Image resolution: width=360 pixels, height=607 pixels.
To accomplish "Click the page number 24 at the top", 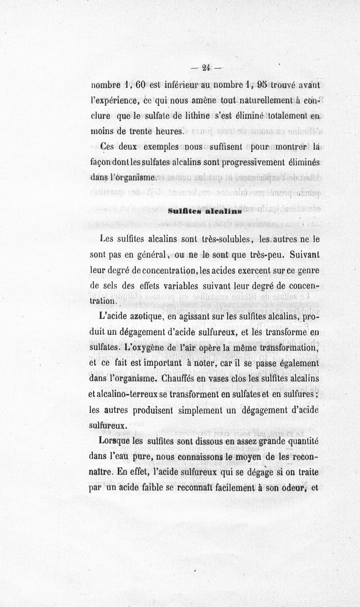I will [x=206, y=68].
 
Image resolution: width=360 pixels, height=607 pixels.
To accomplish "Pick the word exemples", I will [x=157, y=146].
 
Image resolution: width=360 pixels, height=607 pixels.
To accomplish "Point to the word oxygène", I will [x=153, y=347].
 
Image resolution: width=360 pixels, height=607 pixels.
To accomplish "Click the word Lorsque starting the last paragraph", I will [x=110, y=441].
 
